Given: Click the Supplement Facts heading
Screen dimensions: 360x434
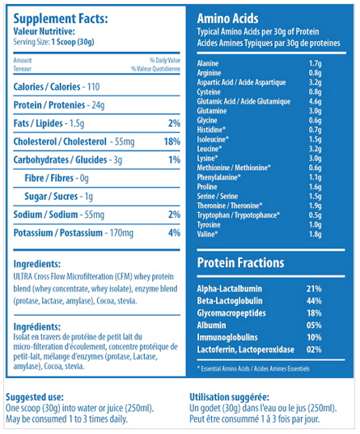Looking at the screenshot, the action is click(x=61, y=19).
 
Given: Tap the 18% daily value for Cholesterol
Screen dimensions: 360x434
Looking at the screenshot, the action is click(x=172, y=142).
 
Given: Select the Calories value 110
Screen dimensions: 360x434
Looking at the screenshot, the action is click(x=94, y=87).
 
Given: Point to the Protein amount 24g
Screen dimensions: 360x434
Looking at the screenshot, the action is click(x=98, y=105).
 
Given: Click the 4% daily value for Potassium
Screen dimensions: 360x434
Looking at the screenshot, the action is click(x=174, y=232).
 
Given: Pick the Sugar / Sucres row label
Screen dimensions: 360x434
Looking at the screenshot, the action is click(x=51, y=196).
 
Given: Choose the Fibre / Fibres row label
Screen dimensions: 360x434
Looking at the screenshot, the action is click(x=49, y=178).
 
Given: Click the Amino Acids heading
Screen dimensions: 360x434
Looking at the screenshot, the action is click(x=227, y=19).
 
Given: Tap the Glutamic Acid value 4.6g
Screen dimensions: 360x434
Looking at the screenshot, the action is click(x=316, y=101).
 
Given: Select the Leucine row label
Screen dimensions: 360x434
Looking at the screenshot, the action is click(x=210, y=149).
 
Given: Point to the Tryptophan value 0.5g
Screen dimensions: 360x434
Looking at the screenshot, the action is click(x=316, y=215).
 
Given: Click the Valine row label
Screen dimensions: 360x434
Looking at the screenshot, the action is click(x=207, y=234).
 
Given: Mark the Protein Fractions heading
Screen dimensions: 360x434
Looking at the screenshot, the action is click(x=240, y=262).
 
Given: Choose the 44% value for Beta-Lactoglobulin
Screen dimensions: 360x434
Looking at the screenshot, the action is click(x=314, y=301).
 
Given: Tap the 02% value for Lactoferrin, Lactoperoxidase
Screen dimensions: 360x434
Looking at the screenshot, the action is click(x=314, y=350).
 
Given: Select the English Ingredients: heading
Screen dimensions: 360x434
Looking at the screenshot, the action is click(x=37, y=264).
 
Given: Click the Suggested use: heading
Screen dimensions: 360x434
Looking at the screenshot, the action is click(x=35, y=398).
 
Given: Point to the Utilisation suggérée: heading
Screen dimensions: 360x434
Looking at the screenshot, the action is click(x=229, y=398).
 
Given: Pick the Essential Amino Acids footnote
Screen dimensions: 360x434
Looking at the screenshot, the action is click(x=253, y=368).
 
